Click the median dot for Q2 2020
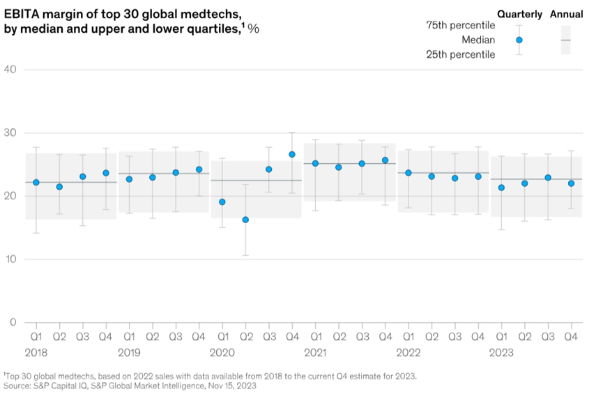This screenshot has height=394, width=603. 245,220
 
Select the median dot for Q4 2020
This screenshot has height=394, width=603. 292,154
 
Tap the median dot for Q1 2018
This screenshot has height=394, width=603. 36,182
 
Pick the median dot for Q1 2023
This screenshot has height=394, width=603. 501,188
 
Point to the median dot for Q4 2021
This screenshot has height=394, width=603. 386,160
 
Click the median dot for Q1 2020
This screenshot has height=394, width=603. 222,202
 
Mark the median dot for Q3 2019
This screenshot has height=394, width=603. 176,172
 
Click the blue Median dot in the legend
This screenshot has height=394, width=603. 519,40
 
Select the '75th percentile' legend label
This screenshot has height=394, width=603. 461,26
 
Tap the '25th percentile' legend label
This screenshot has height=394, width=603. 461,54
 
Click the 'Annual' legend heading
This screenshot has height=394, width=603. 566,13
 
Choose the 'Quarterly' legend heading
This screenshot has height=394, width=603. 519,13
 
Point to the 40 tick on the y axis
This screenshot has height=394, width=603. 10,69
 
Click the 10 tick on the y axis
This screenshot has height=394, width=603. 10,259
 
